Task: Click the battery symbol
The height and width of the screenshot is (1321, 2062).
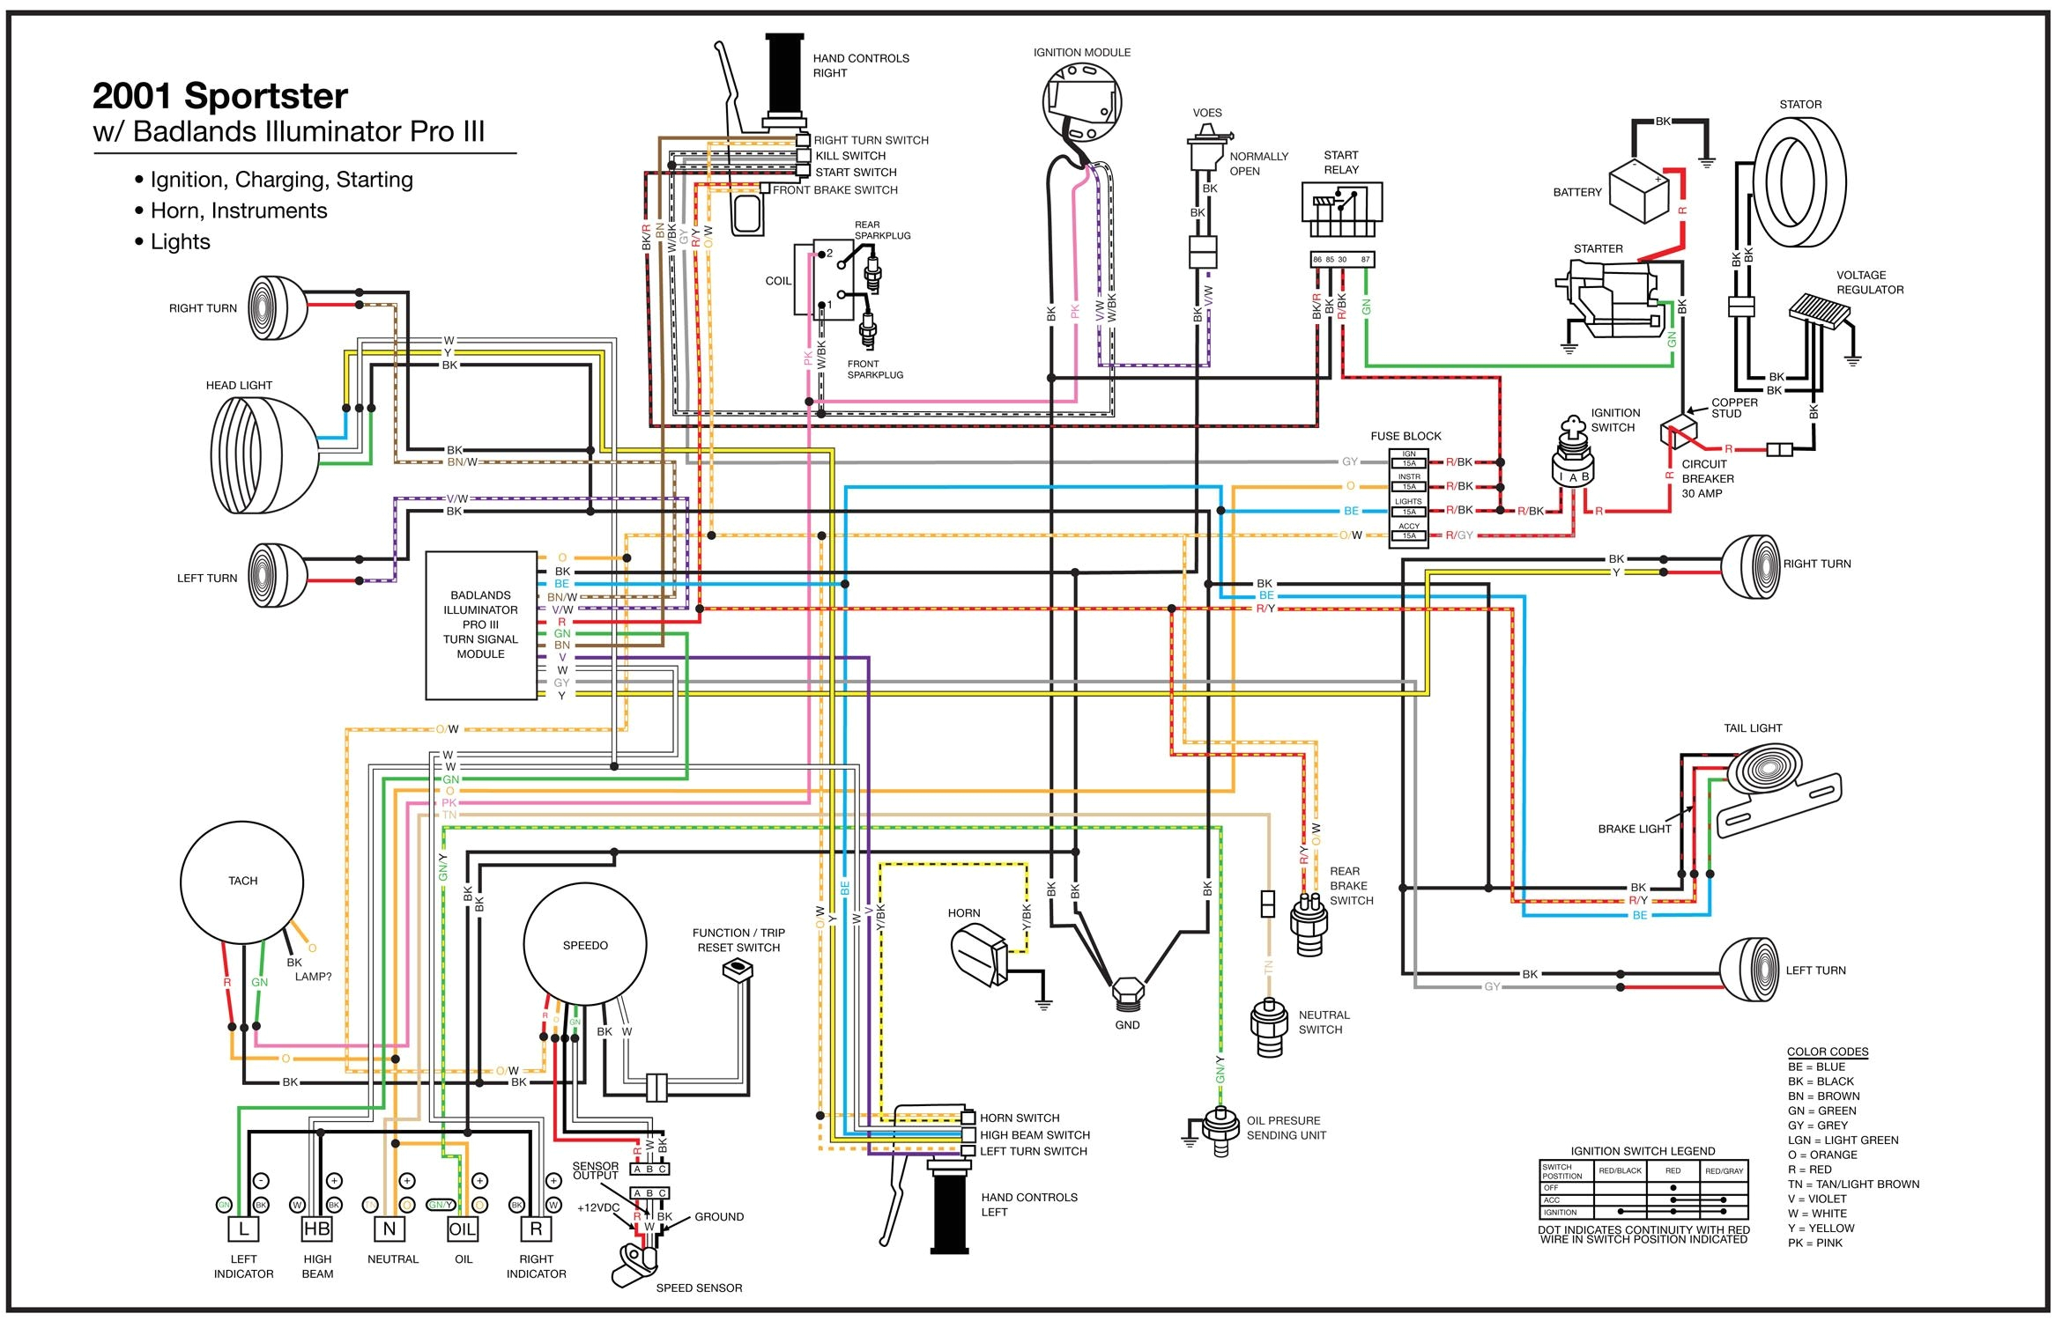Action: pos(1639,192)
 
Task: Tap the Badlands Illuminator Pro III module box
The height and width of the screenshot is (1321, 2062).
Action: pos(481,625)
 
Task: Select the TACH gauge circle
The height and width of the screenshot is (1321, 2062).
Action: pos(242,882)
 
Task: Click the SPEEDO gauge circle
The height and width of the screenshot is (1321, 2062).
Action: pos(585,945)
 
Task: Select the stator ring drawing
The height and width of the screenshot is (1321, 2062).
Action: pos(1799,182)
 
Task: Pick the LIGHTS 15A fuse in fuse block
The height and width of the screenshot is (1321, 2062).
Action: pos(1408,511)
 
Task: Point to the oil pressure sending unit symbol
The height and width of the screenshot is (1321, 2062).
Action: pos(1220,1130)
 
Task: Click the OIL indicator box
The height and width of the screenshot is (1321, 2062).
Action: pos(463,1229)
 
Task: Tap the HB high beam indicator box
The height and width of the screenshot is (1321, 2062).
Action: pos(316,1229)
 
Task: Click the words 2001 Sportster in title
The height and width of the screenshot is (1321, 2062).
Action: pos(219,95)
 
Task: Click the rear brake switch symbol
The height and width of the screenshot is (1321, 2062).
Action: pos(1308,924)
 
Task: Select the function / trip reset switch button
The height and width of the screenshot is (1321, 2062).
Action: pos(736,970)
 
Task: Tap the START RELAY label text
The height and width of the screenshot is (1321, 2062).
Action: pos(1340,162)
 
